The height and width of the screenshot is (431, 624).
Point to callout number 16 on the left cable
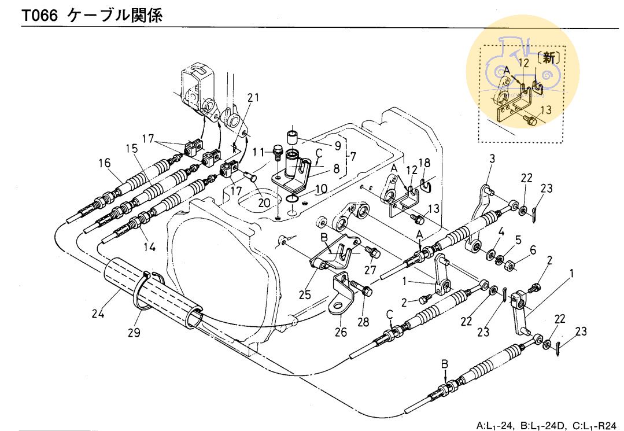click(x=105, y=163)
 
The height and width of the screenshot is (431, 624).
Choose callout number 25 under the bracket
click(x=305, y=294)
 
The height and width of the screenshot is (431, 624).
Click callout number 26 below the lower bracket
click(x=341, y=332)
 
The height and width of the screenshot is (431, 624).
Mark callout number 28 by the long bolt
click(x=363, y=322)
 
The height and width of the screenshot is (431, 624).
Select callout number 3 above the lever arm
click(x=492, y=159)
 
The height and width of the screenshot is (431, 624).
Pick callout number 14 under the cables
click(x=150, y=246)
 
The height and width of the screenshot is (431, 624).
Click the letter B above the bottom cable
click(x=445, y=364)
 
